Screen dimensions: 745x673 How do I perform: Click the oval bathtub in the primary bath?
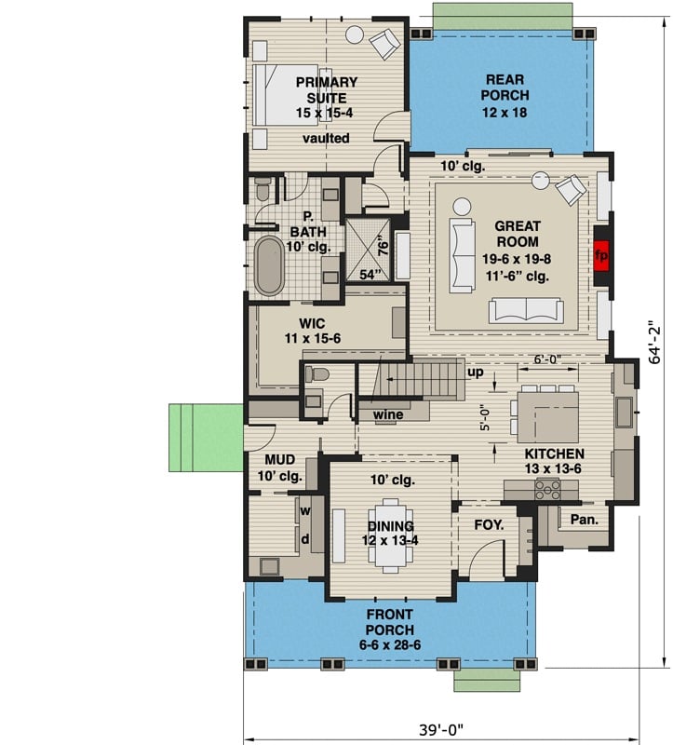(x=270, y=265)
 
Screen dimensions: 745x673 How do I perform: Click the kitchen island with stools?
(x=546, y=415)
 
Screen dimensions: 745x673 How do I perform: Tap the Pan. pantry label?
(x=584, y=520)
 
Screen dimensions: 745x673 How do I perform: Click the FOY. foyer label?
(x=489, y=525)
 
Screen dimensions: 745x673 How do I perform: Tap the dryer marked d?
(x=305, y=538)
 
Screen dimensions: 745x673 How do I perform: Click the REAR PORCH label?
(x=505, y=96)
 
